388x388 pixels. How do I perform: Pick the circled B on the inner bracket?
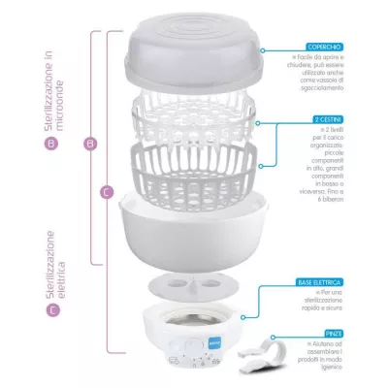(x=90, y=144)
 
